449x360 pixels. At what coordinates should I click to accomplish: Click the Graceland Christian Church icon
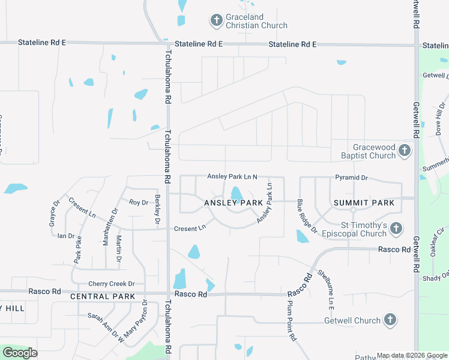[x=216, y=20]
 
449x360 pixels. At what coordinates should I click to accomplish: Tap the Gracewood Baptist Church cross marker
[x=405, y=151]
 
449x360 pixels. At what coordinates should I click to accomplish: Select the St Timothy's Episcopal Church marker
[x=396, y=228]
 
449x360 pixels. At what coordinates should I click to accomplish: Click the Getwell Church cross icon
[x=390, y=320]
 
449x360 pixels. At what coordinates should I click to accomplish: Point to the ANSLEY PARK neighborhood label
[x=234, y=203]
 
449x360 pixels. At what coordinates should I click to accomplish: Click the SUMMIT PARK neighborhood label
[x=364, y=203]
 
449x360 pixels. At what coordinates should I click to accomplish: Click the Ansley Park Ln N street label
[x=232, y=176]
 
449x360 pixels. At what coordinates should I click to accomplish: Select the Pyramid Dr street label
[x=351, y=178]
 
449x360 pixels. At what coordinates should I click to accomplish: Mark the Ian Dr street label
[x=65, y=236]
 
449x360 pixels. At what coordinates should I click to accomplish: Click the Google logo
[x=20, y=353]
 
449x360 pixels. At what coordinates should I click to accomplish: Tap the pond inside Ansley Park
[x=237, y=194]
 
